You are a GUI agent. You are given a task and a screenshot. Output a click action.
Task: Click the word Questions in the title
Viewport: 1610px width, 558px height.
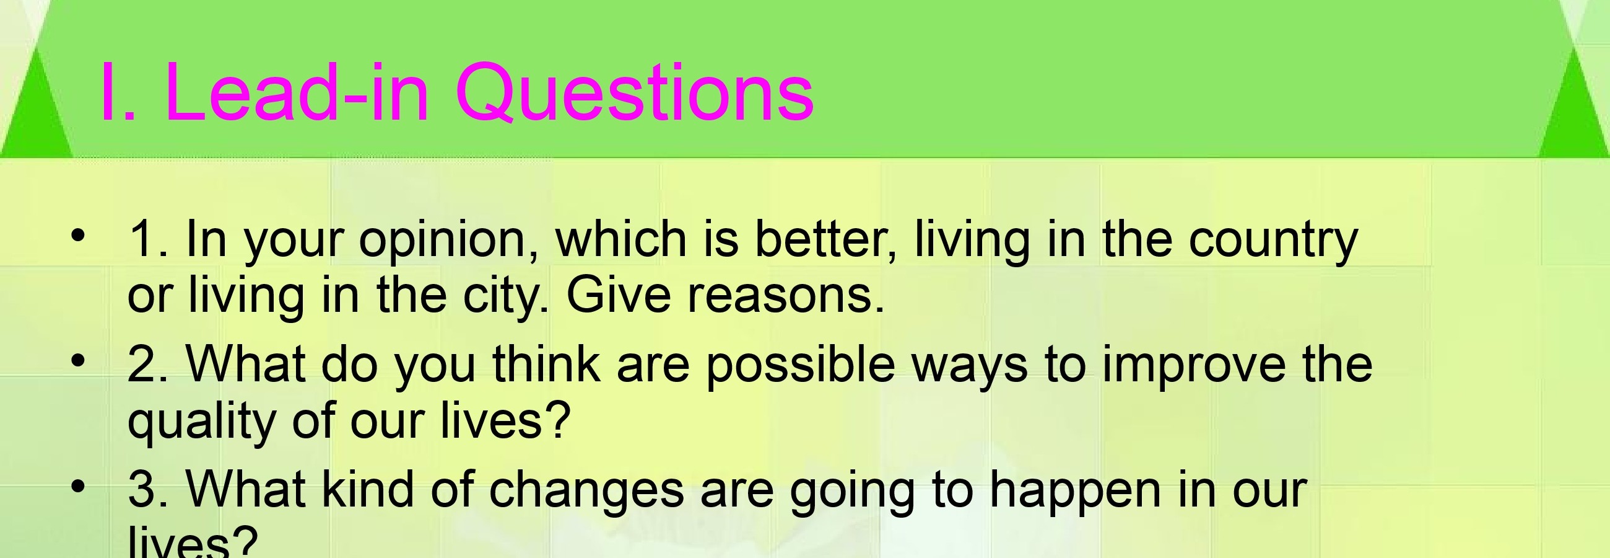point(634,92)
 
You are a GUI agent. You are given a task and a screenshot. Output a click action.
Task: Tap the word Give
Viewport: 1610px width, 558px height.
point(619,294)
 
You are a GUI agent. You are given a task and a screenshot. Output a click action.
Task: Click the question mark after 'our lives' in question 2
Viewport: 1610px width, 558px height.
point(558,418)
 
